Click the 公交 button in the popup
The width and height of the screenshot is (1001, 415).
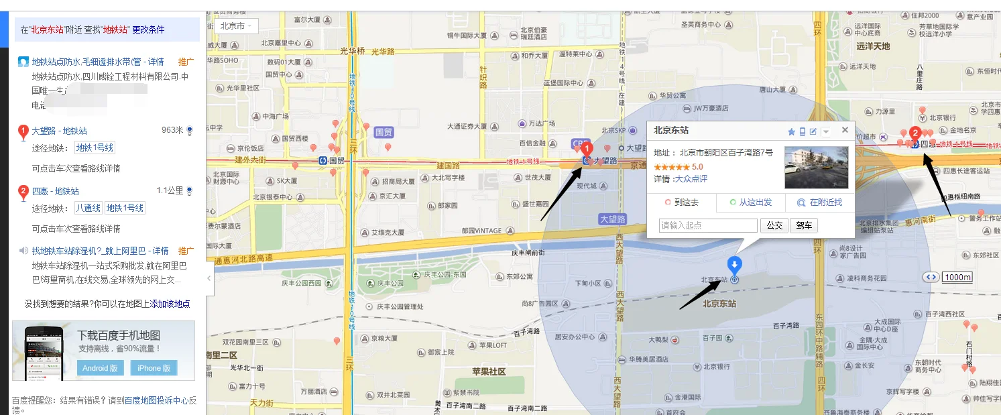[774, 225]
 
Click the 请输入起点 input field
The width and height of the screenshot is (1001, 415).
[708, 225]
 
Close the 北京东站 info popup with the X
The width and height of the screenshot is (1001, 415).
[845, 131]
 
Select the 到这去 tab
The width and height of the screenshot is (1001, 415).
[682, 202]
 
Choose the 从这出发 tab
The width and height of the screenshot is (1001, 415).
[750, 202]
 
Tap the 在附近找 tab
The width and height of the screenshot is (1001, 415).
[819, 202]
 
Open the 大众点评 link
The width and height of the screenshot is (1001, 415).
[691, 179]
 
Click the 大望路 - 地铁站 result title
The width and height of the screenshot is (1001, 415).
[60, 131]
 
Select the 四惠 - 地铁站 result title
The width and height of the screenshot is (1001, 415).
[56, 191]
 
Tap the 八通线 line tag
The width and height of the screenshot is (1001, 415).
[88, 208]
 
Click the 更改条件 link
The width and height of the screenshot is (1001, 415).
[148, 29]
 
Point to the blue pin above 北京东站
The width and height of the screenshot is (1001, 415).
[735, 264]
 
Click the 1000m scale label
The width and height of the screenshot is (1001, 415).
[957, 278]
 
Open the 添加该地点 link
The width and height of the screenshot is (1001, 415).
[170, 304]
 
